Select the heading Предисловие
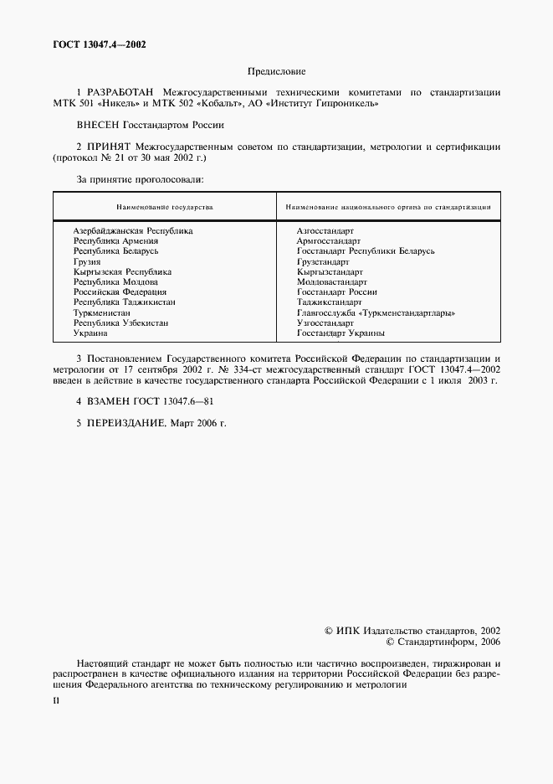coord(277,73)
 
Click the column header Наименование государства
coord(165,206)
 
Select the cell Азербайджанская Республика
coord(133,230)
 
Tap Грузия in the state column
coord(87,261)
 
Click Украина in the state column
coord(90,333)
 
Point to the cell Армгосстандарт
coord(329,240)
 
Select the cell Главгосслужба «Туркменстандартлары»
coord(376,312)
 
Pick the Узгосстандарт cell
coord(325,322)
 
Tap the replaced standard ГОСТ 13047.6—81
coord(173,401)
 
